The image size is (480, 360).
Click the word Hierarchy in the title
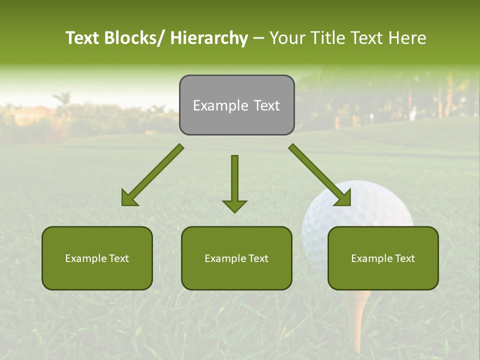pyautogui.click(x=209, y=38)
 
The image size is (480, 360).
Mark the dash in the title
pyautogui.click(x=258, y=38)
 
